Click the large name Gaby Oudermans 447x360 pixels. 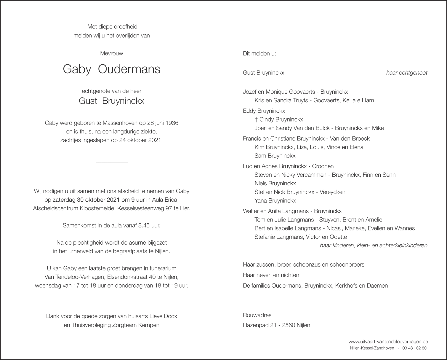(111, 69)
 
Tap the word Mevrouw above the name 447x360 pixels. (111, 53)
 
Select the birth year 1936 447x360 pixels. (172, 123)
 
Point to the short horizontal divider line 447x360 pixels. (111, 163)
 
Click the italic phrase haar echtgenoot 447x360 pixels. (406, 73)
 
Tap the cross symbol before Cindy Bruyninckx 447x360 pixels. (256, 120)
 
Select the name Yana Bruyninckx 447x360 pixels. (275, 200)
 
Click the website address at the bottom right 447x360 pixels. (388, 342)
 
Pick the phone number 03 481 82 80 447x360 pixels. (414, 348)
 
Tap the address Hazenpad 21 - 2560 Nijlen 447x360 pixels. (276, 325)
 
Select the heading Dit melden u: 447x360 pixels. (259, 54)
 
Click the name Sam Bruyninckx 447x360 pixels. (275, 156)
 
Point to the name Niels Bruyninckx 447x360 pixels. (275, 183)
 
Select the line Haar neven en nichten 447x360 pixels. (271, 275)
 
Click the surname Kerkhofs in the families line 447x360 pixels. (346, 286)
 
